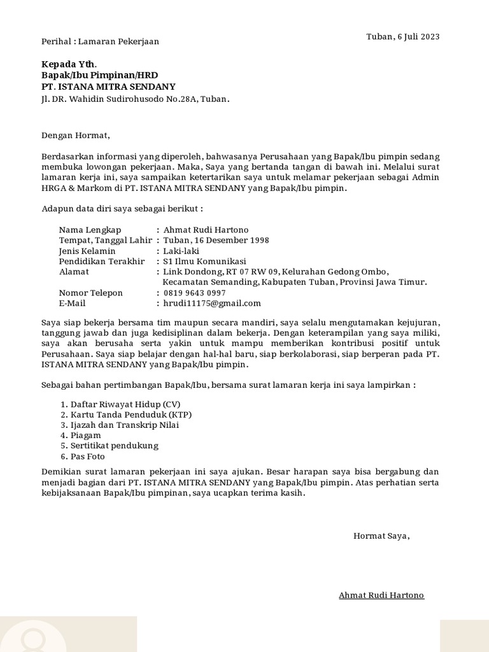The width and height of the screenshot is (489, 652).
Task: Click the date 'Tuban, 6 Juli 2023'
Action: pos(403,36)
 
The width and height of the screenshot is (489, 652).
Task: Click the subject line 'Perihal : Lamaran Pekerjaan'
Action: pos(100,41)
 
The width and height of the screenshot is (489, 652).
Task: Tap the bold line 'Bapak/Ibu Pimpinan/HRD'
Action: pos(99,75)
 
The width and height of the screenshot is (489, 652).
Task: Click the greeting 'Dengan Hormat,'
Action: pos(76,135)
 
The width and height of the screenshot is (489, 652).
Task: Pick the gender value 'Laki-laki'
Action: pos(181,251)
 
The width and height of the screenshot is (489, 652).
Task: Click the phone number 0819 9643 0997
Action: pos(194,293)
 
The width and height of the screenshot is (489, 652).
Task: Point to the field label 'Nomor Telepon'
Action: pos(91,293)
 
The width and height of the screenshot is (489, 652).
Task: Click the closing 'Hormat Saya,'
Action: pos(382,535)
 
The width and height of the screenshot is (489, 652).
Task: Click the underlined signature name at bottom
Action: pos(381,595)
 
